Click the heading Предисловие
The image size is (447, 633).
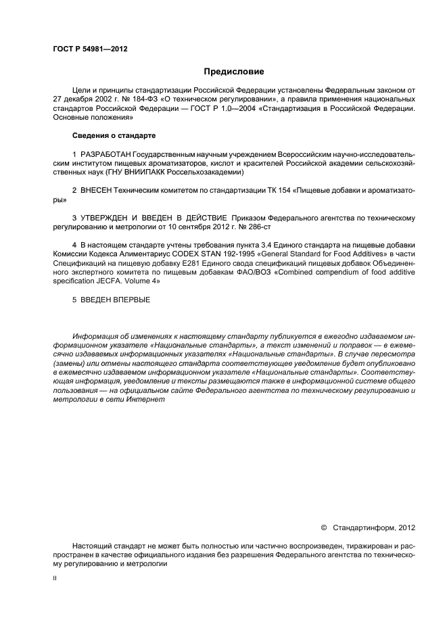[233, 71]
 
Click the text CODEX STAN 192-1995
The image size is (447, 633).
[245, 254]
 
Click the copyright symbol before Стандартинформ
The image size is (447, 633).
[323, 527]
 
